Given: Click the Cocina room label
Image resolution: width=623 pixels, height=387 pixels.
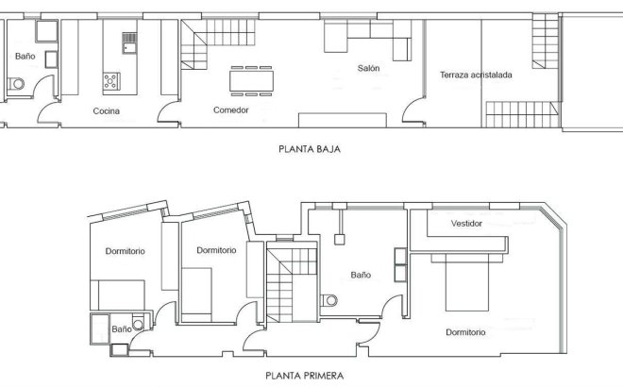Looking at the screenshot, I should pos(106,111).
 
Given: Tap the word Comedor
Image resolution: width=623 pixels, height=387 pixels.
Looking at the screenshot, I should pos(231,110).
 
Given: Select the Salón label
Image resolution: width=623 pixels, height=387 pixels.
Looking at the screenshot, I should pos(368,68).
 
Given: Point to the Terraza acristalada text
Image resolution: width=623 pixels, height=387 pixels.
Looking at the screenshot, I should pos(476,76).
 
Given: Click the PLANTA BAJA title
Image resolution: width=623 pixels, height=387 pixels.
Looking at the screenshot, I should pos(309,148).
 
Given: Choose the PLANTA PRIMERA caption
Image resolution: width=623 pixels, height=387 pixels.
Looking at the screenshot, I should pos(304,374).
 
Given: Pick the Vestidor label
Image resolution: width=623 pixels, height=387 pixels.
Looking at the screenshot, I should pos(467,225).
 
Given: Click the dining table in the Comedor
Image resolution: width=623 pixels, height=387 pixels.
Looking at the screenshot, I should pos(254,79).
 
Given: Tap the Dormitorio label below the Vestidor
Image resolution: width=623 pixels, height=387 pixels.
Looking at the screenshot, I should pos(465,332).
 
